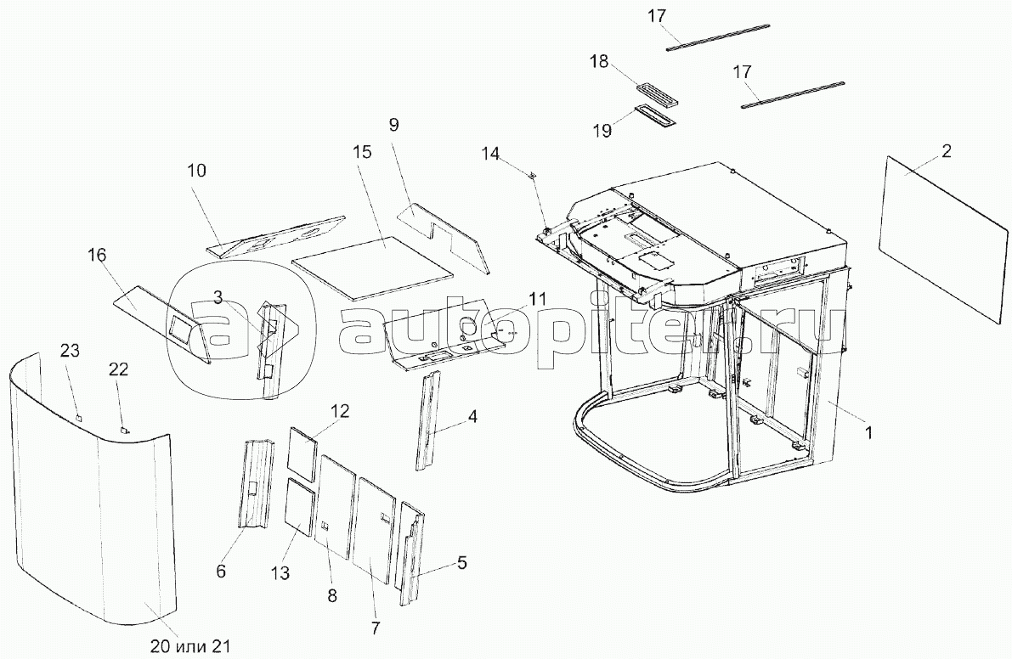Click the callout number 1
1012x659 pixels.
click(868, 431)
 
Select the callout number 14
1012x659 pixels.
click(490, 154)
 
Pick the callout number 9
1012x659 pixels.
click(393, 124)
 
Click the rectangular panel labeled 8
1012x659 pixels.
click(337, 505)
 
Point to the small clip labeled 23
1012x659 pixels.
click(77, 418)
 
